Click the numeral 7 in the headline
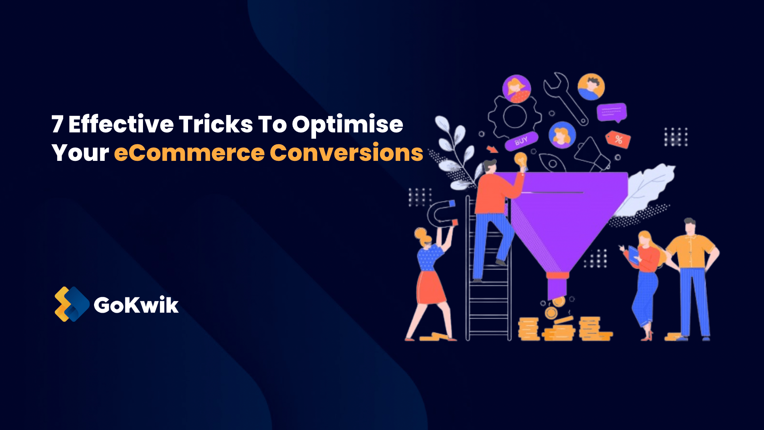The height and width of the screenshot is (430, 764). pos(58,124)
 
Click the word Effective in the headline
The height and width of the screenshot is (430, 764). pos(121,124)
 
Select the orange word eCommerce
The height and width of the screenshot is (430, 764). pos(189,153)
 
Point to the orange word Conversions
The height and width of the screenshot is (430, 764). pos(346,153)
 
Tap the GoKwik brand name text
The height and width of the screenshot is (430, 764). pos(136,305)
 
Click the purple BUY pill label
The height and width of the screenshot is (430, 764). pos(521,141)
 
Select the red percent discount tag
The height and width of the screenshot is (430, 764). pos(618,139)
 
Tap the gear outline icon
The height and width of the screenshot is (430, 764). pos(514,117)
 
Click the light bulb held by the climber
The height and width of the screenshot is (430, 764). pos(521,159)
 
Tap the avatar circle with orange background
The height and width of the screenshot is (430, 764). pos(591,87)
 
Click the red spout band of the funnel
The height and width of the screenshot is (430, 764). pos(557,275)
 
